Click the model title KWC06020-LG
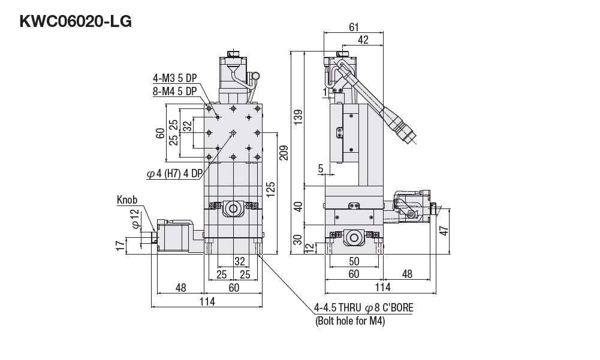point(76,22)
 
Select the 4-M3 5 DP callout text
point(175,78)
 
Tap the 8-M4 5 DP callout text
point(175,91)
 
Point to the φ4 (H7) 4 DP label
point(174,174)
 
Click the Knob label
point(127,199)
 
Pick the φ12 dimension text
point(134,219)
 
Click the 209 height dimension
point(284,153)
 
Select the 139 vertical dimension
point(298,117)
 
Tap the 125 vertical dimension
point(270,189)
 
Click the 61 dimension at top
point(354,27)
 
